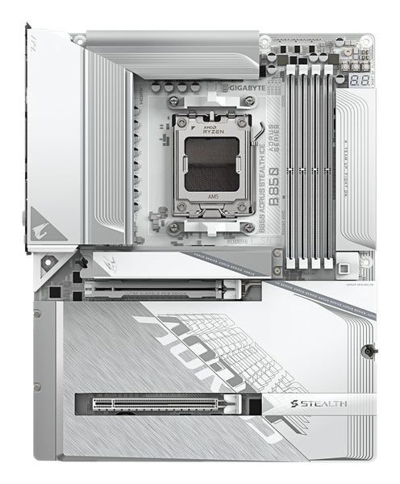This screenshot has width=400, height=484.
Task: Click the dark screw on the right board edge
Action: [x=367, y=351]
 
